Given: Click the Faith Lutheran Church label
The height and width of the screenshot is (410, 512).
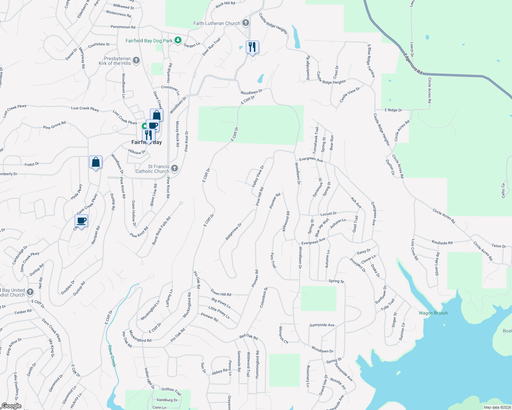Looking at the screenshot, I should tap(217, 23).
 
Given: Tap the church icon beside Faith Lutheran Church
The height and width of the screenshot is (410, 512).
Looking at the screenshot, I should tap(245, 23).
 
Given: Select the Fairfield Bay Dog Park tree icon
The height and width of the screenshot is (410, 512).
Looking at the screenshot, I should tap(178, 40).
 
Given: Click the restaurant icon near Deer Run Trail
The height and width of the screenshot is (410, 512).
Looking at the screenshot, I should tap(252, 47).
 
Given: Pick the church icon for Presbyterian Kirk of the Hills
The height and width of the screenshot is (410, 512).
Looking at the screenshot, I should tap(136, 60).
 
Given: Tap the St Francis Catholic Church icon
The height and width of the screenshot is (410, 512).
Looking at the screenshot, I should tap(175, 168).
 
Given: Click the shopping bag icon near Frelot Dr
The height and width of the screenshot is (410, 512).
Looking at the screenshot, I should tap(96, 162).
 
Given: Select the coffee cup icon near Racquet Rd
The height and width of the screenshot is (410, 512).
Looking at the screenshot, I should tap(81, 221).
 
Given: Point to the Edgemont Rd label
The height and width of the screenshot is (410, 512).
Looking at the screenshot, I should tap(413, 64).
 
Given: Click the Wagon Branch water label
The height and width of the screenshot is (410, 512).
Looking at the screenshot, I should tap(433, 313).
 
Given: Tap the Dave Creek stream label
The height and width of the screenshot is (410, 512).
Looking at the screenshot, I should tap(112, 356).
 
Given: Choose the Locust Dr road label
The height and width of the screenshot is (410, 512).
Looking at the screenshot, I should tap(328, 214).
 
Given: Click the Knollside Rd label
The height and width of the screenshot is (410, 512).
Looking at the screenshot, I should tap(442, 243).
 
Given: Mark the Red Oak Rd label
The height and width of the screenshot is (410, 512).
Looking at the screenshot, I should tap(248, 337).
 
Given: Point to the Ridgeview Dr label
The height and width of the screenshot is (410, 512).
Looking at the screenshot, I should tap(233, 231).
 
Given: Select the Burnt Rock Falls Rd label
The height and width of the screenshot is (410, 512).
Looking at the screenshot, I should tap(161, 231).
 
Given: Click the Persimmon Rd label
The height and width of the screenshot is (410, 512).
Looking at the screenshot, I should tap(123, 27).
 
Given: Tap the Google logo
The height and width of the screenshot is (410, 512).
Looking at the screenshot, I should tap(11, 406).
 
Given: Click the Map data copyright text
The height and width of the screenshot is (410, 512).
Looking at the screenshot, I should tap(497, 407).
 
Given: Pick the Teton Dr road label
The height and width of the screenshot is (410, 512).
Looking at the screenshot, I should tap(499, 246).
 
